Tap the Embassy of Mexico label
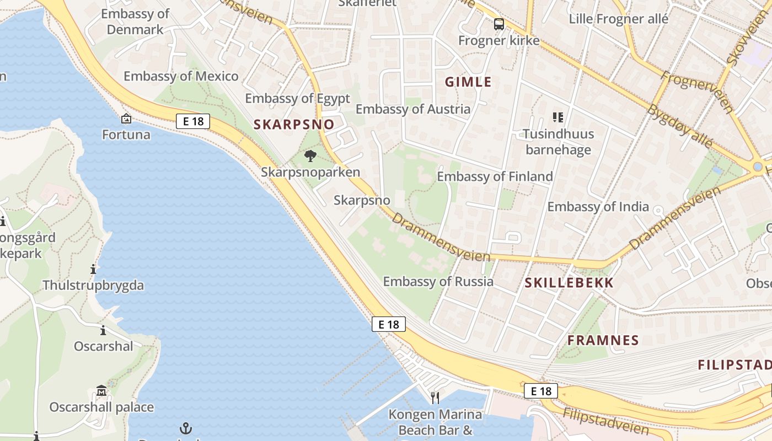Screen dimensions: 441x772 (x=181, y=76)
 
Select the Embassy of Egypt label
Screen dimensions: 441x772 (x=297, y=99)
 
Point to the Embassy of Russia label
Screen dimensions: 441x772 (x=438, y=282)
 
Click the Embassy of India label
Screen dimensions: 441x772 (x=598, y=207)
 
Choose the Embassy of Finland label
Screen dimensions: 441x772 (x=495, y=176)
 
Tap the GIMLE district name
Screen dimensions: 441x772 (x=468, y=82)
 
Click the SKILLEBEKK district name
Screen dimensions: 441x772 (x=569, y=283)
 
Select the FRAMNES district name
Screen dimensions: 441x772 (x=603, y=340)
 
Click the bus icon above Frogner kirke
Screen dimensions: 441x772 (x=498, y=24)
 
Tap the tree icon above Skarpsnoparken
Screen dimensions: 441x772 (x=310, y=156)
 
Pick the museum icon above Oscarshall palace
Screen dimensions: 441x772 (x=101, y=391)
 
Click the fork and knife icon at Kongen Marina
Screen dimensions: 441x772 (x=435, y=397)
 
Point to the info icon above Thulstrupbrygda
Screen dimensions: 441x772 (x=93, y=270)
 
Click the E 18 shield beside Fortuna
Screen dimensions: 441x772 (x=193, y=121)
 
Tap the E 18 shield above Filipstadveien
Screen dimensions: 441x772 (x=540, y=391)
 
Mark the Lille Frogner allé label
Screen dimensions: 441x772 (x=619, y=19)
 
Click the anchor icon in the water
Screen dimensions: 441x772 (x=186, y=428)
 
